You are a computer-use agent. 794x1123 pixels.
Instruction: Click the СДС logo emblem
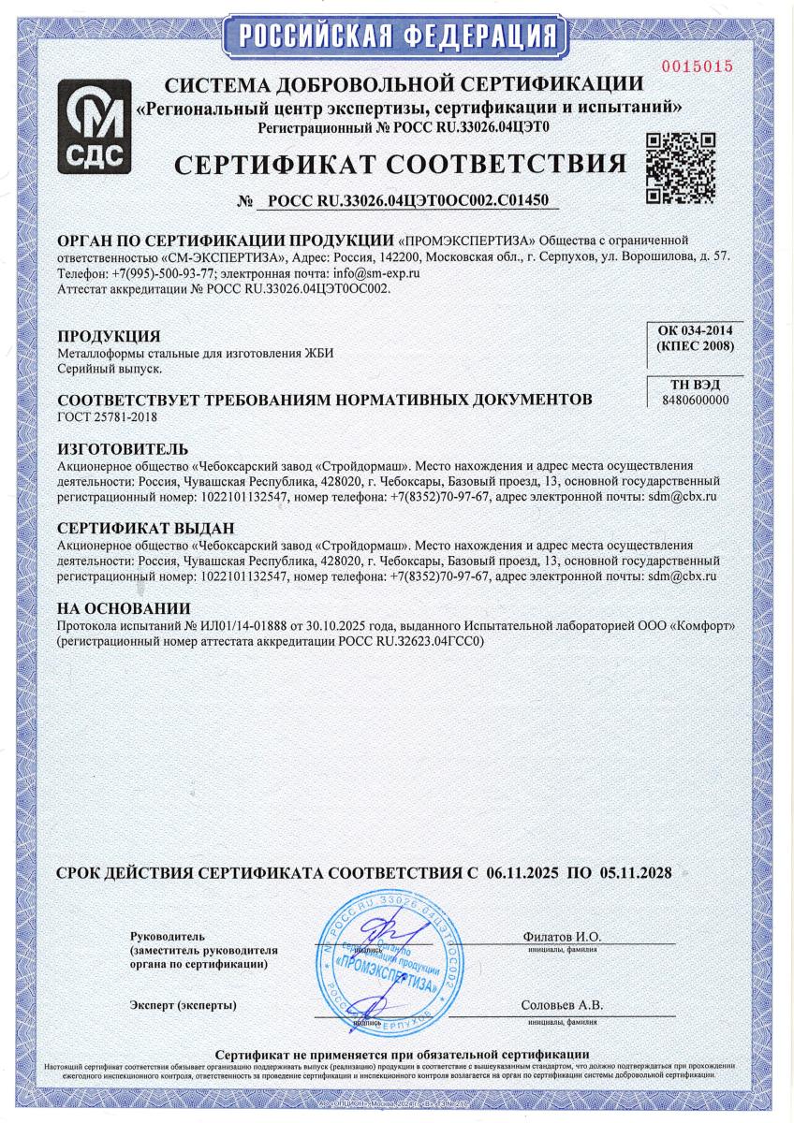92,127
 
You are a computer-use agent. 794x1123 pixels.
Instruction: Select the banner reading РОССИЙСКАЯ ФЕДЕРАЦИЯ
397,35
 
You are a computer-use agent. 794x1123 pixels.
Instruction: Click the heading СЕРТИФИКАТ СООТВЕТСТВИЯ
401,166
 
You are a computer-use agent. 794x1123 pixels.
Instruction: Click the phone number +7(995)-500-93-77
166,273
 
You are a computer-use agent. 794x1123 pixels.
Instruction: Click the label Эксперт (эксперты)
184,1005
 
